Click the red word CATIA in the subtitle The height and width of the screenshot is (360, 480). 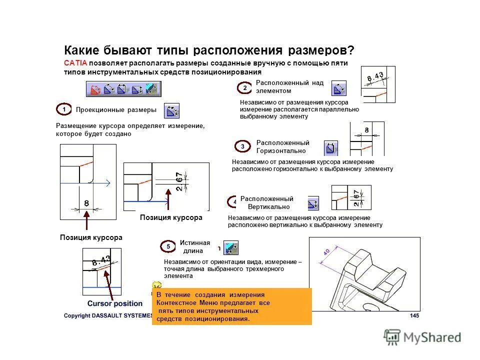pyautogui.click(x=75, y=63)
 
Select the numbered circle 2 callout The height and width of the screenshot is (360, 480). pyautogui.click(x=244, y=87)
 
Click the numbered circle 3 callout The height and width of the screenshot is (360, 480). pyautogui.click(x=242, y=146)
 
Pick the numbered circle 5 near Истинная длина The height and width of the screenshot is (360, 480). pyautogui.click(x=168, y=246)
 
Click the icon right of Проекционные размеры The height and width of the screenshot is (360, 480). pyautogui.click(x=171, y=110)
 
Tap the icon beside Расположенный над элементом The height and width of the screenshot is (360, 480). pyautogui.click(x=338, y=88)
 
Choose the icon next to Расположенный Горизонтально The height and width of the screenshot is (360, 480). pyautogui.click(x=330, y=148)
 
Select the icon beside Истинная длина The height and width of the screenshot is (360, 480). pyautogui.click(x=230, y=247)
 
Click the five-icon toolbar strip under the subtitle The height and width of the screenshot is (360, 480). pyautogui.click(x=123, y=89)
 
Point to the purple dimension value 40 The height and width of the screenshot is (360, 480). pyautogui.click(x=326, y=252)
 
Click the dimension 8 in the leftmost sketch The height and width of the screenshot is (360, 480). pyautogui.click(x=86, y=203)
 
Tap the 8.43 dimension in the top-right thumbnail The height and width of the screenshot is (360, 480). pyautogui.click(x=375, y=77)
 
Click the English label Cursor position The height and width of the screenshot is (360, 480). pyautogui.click(x=115, y=303)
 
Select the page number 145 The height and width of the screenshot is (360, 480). pyautogui.click(x=414, y=315)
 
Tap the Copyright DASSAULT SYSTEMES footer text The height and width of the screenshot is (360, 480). pyautogui.click(x=107, y=315)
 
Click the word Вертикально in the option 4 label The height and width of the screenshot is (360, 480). pyautogui.click(x=269, y=206)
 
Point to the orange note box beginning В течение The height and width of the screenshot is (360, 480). pyautogui.click(x=231, y=306)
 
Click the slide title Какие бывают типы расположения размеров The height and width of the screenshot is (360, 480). pyautogui.click(x=209, y=51)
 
